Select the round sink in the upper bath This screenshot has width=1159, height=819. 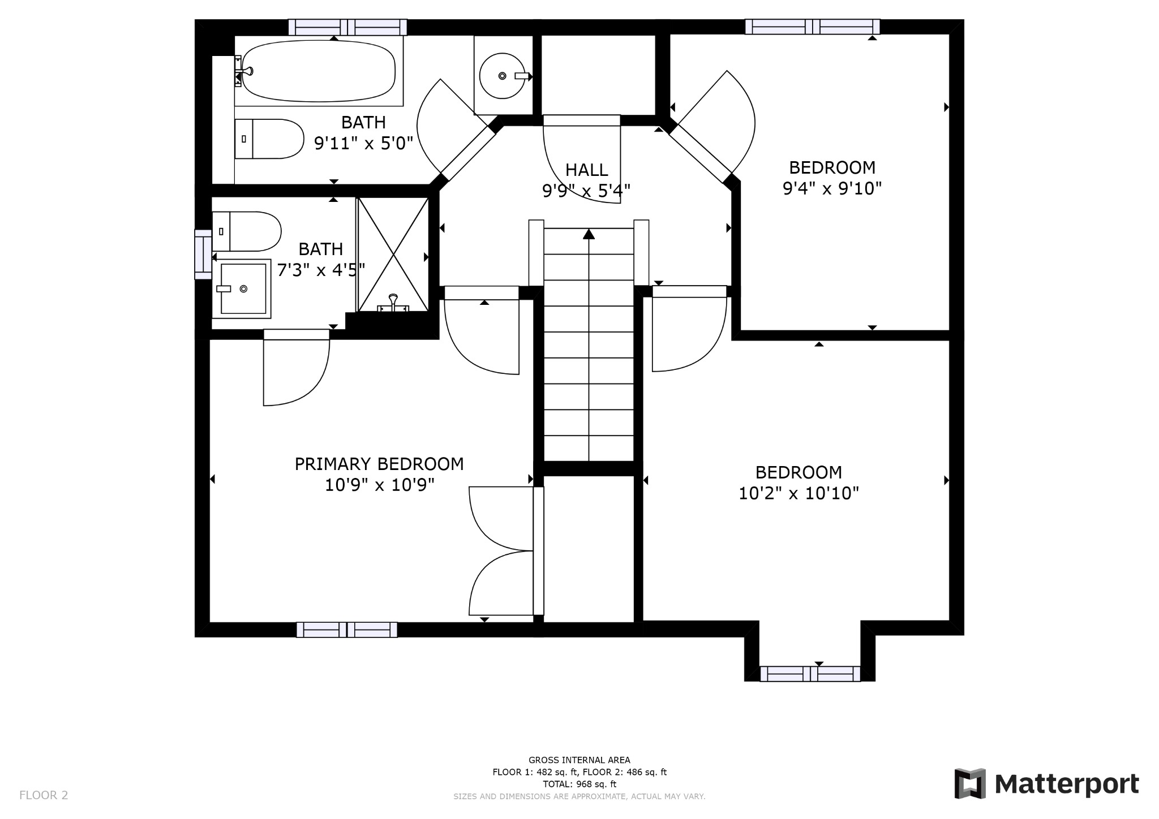(502, 76)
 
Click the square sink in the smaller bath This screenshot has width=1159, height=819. (243, 288)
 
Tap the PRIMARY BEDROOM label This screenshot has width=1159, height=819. (379, 464)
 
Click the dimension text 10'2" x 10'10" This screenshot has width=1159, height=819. (799, 493)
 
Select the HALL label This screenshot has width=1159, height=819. (586, 170)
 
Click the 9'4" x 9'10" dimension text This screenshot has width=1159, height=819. (832, 188)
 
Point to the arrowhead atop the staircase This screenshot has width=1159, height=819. (589, 234)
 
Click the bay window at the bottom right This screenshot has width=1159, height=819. (810, 674)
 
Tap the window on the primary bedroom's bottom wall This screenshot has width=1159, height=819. (346, 630)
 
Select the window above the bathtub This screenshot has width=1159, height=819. (347, 27)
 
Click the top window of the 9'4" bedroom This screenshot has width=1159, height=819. (812, 27)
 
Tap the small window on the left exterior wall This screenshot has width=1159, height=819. (203, 254)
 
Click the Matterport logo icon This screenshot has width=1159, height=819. (970, 783)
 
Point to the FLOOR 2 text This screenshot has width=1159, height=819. (44, 795)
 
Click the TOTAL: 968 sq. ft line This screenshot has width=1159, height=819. (579, 784)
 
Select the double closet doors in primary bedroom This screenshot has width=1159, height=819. (501, 550)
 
